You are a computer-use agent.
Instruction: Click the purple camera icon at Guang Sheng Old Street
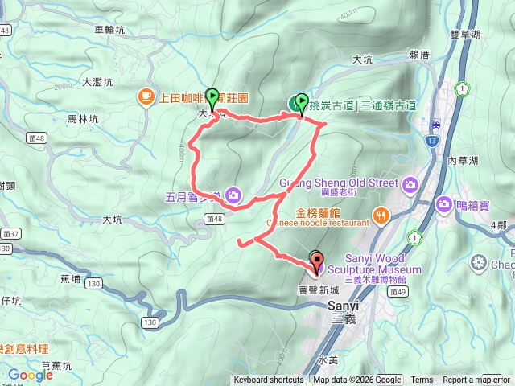410,185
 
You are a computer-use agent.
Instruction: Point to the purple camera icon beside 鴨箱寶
443,206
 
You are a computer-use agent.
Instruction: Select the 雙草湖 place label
465,35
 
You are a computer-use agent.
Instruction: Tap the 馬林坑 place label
82,118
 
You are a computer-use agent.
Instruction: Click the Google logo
30,375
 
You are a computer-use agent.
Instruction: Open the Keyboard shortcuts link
269,380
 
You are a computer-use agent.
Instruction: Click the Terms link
422,380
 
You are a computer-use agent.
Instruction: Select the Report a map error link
476,380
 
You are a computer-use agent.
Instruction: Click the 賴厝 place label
422,55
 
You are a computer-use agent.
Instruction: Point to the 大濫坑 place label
97,82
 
